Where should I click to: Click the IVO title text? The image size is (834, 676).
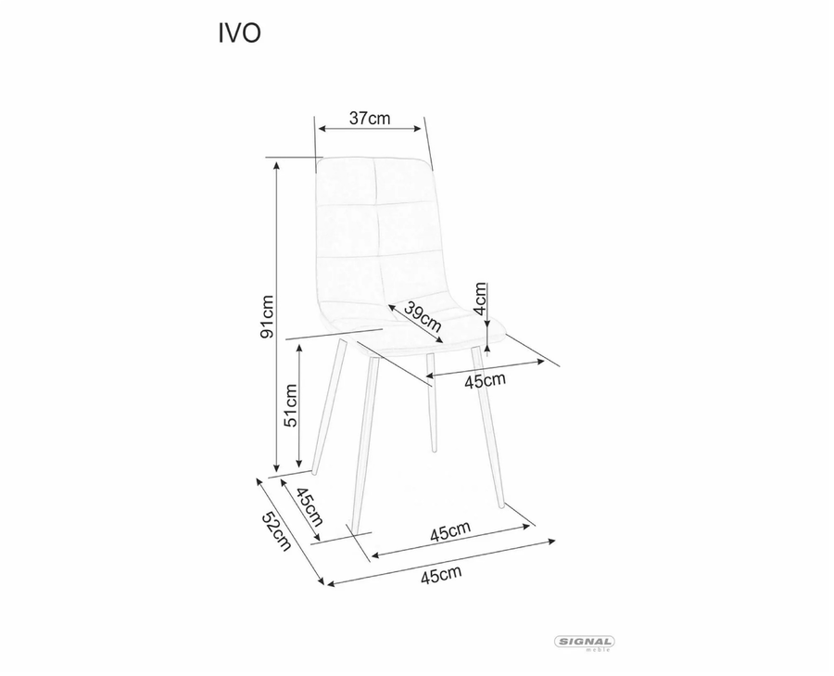(239, 33)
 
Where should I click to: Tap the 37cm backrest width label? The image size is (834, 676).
(370, 118)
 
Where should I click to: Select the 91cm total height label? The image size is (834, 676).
(267, 316)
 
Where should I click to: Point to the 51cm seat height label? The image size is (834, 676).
(291, 405)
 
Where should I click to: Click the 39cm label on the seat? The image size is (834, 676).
(423, 315)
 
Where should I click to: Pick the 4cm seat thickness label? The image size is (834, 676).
(480, 299)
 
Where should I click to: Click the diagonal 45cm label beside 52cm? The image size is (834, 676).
(309, 506)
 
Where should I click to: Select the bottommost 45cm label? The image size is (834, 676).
(441, 576)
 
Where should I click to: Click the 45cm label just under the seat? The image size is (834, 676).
(485, 380)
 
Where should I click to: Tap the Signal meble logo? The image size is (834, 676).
(585, 643)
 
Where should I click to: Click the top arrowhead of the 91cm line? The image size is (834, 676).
(276, 164)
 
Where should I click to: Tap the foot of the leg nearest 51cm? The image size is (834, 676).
(315, 472)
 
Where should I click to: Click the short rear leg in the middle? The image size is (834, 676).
(432, 402)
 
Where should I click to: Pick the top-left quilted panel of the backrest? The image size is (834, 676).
(346, 182)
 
